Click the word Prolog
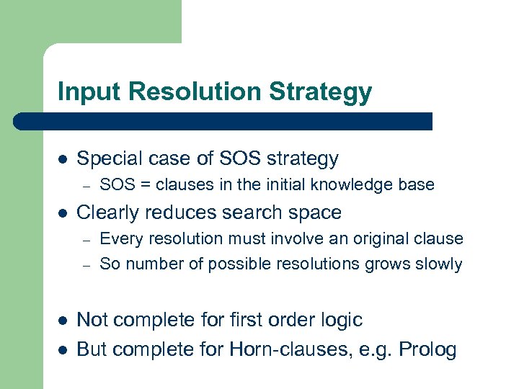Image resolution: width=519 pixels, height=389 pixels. point(428,350)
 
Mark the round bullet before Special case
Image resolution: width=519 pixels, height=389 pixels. point(62,159)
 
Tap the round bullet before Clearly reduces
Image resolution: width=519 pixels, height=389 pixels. point(62,213)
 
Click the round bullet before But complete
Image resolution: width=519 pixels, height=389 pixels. point(62,351)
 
